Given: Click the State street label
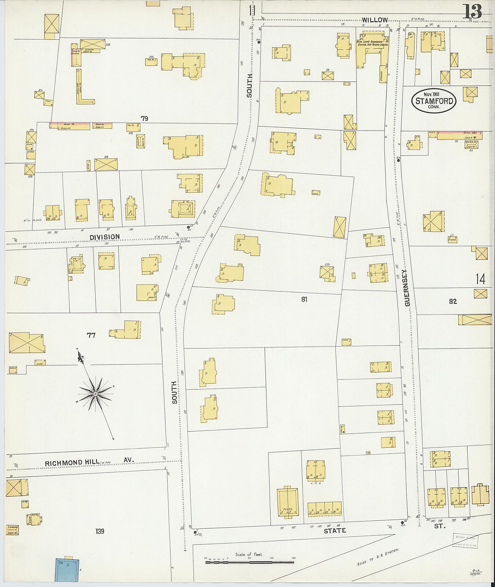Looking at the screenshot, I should click(335, 531).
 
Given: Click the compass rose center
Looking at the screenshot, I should click(95, 394).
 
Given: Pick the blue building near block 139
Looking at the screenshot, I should click(67, 570).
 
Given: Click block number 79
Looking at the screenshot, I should click(144, 118).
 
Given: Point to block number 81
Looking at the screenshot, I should click(304, 299).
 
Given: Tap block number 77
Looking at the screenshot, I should click(91, 335).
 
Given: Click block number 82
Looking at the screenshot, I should click(453, 301).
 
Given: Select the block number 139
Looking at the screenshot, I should click(100, 531).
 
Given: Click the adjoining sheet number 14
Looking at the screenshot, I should click(480, 279).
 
